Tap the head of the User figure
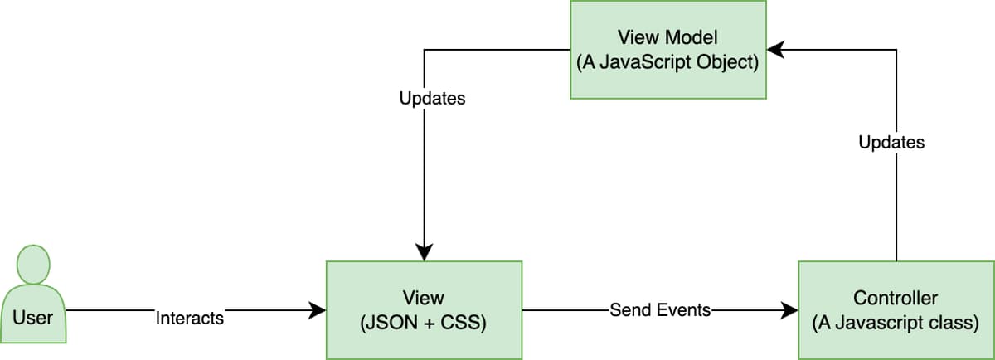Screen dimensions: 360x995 coord(33,263)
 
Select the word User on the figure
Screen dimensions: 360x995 coord(33,317)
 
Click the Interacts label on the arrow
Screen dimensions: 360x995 coord(190,318)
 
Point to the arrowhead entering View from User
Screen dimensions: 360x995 coord(318,311)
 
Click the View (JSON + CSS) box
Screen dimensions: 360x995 coord(424,310)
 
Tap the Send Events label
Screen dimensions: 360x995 coord(660,310)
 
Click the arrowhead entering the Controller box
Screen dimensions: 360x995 coord(789,311)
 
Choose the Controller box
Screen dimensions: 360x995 coord(895,310)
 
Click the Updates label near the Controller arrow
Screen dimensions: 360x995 coord(891,143)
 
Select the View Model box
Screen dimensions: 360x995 coord(667,50)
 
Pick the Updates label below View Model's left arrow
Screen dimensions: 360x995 coord(432,99)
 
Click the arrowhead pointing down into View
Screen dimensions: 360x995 coord(425,252)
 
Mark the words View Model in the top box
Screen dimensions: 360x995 coord(667,36)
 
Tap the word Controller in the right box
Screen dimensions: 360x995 coord(895,297)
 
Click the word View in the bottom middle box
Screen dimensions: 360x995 coord(424,297)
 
